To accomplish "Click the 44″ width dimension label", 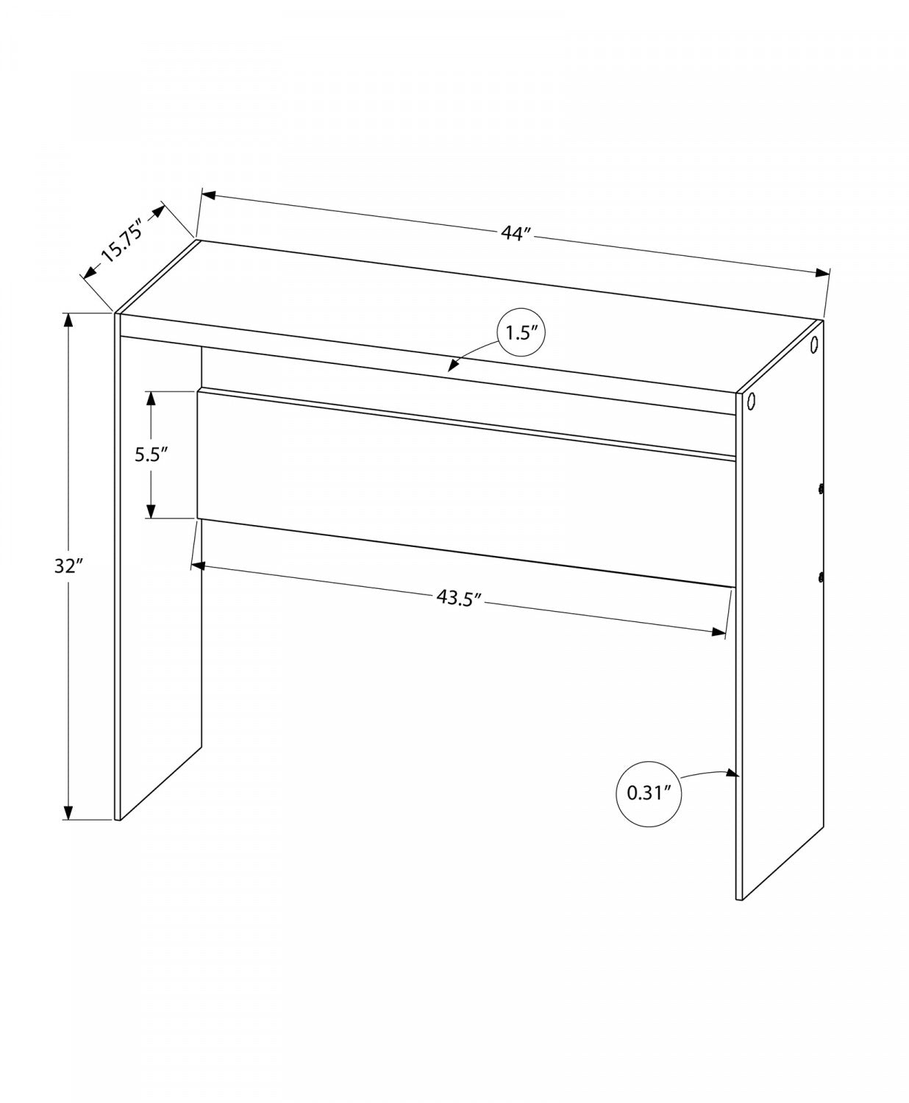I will [x=516, y=234].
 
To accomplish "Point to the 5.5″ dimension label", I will [x=151, y=455].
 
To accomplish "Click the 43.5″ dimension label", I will [x=458, y=598].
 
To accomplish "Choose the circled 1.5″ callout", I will [x=523, y=333].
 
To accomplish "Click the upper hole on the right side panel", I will [x=814, y=345].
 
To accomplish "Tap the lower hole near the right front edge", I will [x=751, y=401].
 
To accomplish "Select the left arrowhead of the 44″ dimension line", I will [x=208, y=195].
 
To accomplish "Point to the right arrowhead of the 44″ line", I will [x=823, y=274].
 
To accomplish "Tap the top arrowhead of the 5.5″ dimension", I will [x=151, y=398].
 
